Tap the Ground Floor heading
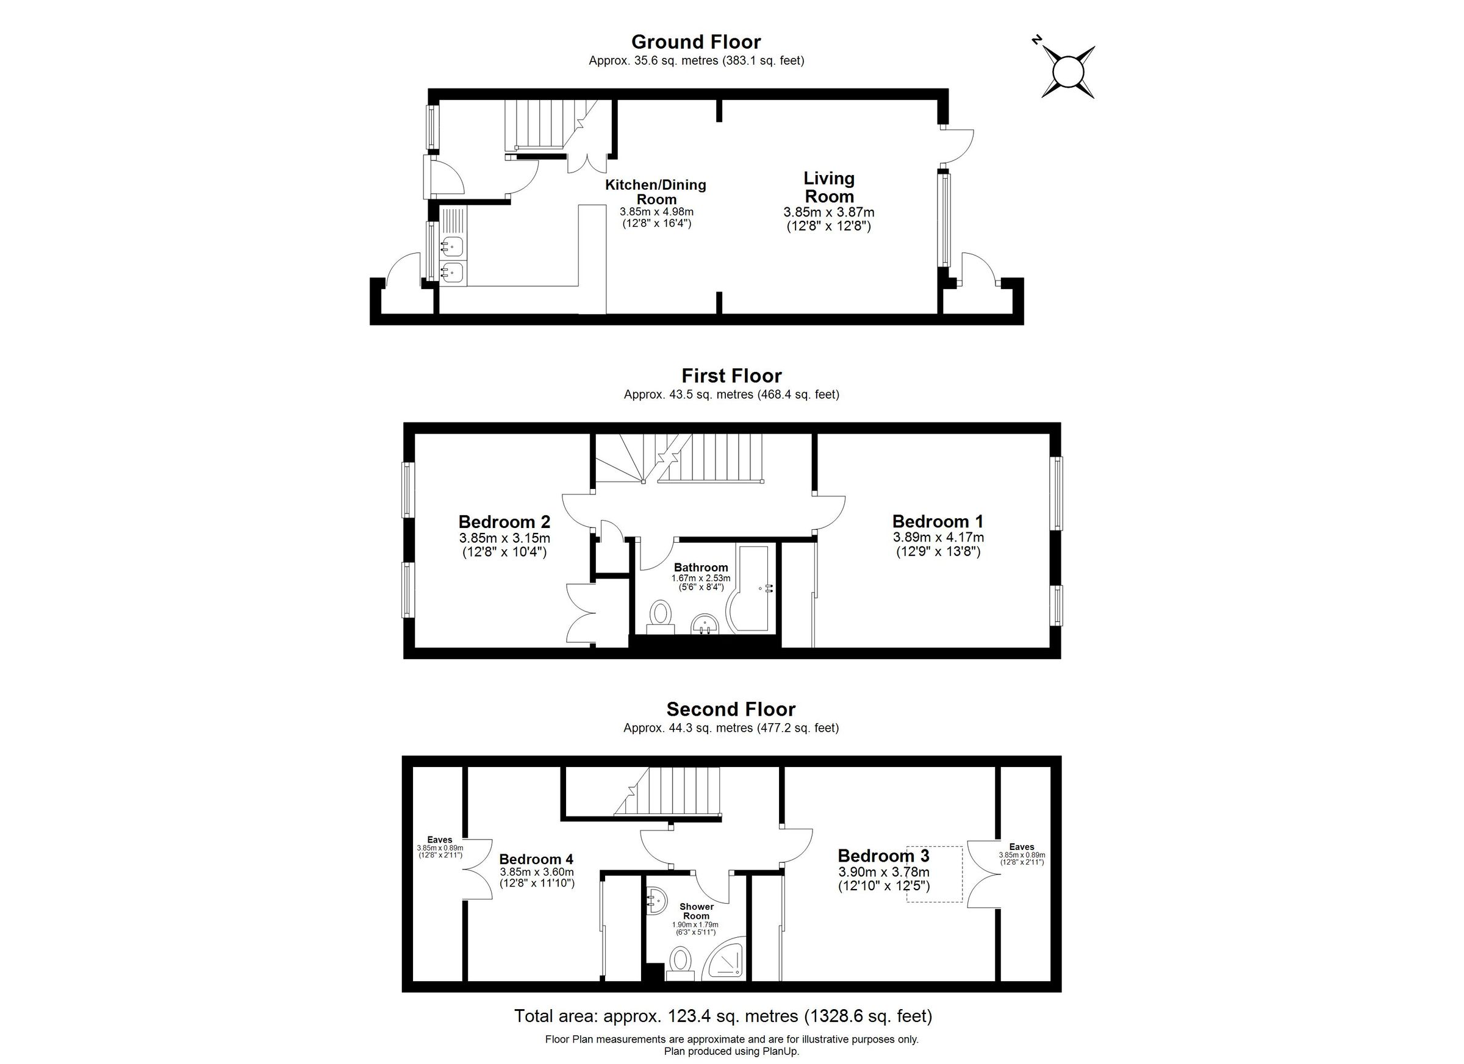tap(696, 42)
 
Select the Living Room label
tap(829, 187)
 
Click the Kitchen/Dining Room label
tap(655, 192)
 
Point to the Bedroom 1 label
tap(938, 521)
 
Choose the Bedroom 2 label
tap(504, 521)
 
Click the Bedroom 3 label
tap(883, 855)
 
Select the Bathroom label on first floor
tap(701, 568)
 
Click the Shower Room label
tap(697, 911)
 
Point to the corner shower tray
tap(728, 960)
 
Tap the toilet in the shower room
tap(680, 961)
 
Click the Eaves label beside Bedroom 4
tap(440, 840)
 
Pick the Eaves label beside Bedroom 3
tap(1022, 847)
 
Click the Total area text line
tap(723, 1016)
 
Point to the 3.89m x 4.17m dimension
tap(938, 537)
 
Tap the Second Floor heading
tap(731, 709)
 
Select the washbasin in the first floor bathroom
tap(705, 624)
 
